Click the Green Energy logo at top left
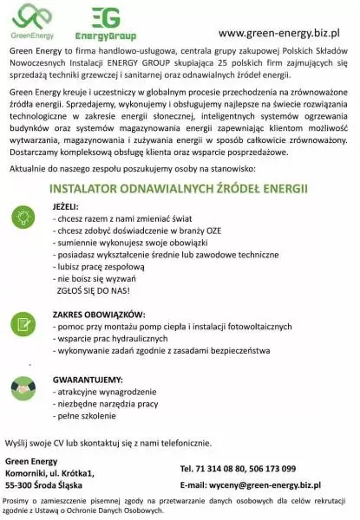point(31,21)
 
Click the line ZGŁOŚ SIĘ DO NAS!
point(92,293)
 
